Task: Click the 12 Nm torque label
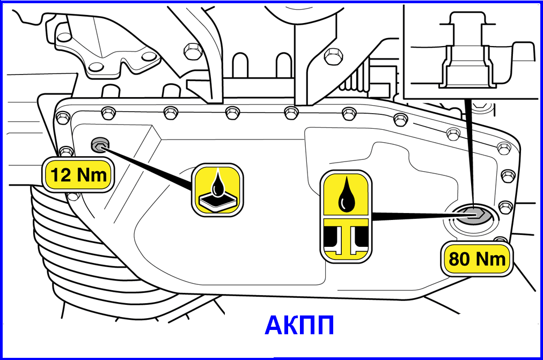click(79, 175)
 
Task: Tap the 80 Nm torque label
click(477, 259)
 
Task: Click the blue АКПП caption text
click(299, 325)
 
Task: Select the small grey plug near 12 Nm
click(100, 145)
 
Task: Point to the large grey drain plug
click(473, 215)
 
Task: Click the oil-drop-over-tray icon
click(217, 190)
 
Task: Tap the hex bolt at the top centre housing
click(193, 51)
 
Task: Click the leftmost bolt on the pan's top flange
click(63, 117)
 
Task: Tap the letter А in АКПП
click(274, 325)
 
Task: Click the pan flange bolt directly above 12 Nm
click(66, 151)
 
